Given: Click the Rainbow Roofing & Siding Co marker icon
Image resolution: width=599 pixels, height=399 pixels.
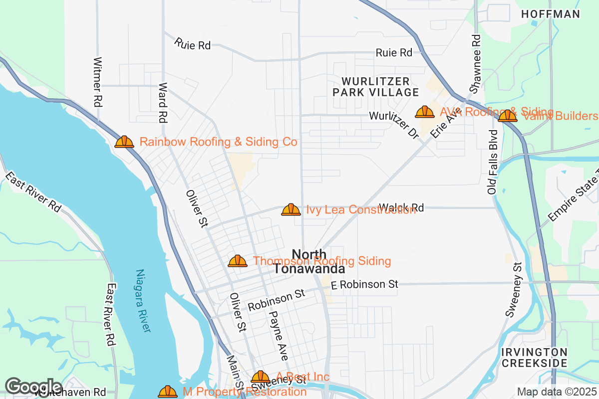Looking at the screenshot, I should tap(124, 142).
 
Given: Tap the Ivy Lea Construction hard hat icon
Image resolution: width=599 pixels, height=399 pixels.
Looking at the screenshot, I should tap(291, 210).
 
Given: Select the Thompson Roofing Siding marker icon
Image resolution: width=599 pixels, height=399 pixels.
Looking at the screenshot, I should tap(238, 261).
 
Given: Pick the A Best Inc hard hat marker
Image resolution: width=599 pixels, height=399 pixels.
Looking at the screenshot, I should tap(260, 377).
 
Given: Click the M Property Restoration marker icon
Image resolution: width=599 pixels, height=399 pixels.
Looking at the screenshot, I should tap(168, 392).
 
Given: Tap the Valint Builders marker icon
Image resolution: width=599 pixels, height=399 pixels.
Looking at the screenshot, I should tap(508, 116).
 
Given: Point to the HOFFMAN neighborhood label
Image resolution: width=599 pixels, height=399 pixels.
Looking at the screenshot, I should tap(551, 14).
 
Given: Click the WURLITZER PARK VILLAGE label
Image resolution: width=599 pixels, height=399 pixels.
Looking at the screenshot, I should tap(376, 87).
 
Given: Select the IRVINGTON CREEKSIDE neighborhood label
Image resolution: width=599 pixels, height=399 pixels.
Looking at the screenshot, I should tap(534, 358).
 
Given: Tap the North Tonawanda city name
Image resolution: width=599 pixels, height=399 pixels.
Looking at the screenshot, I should tap(309, 262).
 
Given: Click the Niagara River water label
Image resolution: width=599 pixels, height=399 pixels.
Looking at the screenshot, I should tap(143, 301).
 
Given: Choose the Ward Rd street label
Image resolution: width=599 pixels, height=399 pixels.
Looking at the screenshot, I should tap(162, 103).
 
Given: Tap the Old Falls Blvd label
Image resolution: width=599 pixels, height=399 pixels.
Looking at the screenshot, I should tap(493, 162).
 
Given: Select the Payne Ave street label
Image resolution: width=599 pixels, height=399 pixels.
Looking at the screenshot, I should tap(278, 336).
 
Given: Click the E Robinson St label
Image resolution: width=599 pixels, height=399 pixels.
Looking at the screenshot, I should tap(364, 284).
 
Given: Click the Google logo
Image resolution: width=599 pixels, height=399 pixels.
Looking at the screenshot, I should tap(34, 387).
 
